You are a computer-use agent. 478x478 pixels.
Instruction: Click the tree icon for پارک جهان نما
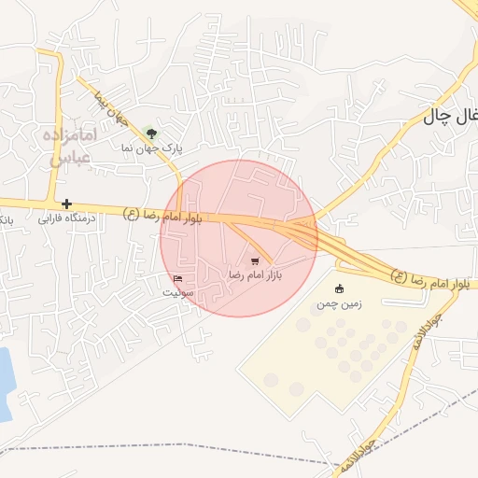tap(151, 134)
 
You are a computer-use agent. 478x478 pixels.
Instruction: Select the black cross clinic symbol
tap(66, 204)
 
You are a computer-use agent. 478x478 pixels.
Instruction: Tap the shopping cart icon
tap(255, 261)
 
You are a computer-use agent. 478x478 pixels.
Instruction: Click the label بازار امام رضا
tap(255, 275)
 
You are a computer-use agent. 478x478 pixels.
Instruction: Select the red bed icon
tap(178, 279)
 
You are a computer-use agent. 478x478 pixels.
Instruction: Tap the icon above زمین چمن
tap(338, 288)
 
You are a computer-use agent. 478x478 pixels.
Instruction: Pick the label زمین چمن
tap(338, 303)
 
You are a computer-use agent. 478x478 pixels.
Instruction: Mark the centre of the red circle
tap(239, 238)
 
